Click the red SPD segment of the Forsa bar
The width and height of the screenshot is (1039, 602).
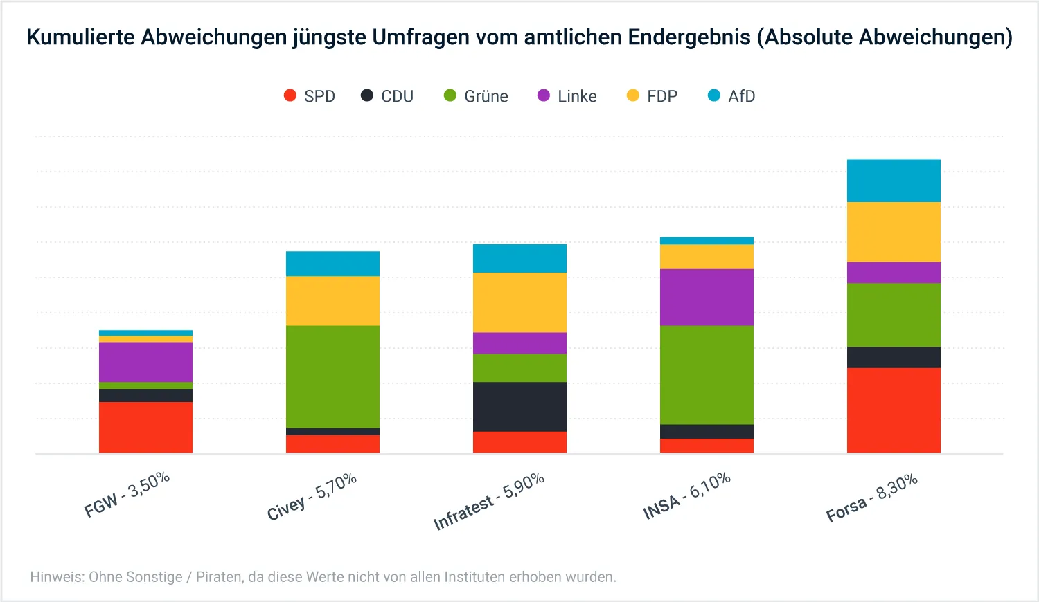click(894, 410)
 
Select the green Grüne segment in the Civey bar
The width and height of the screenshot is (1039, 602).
click(332, 376)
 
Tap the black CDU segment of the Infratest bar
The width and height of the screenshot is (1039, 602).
click(519, 407)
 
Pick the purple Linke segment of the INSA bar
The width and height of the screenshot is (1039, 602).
click(707, 297)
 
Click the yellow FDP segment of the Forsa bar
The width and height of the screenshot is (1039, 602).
click(894, 232)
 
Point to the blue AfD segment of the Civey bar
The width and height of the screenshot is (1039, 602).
click(332, 264)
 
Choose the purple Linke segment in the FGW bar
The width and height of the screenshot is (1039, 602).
click(145, 362)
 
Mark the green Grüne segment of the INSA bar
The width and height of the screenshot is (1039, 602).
click(707, 374)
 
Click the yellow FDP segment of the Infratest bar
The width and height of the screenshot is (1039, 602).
click(519, 302)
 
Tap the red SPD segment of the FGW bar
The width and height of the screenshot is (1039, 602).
click(145, 427)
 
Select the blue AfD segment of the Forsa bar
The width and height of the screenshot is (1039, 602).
click(894, 181)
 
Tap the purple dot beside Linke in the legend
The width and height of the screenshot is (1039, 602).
click(544, 95)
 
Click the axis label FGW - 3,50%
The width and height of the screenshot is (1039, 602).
click(127, 495)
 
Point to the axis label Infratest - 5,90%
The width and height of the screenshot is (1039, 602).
click(489, 502)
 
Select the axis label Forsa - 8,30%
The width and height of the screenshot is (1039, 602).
click(872, 498)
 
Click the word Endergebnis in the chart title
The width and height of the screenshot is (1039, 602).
click(689, 37)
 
